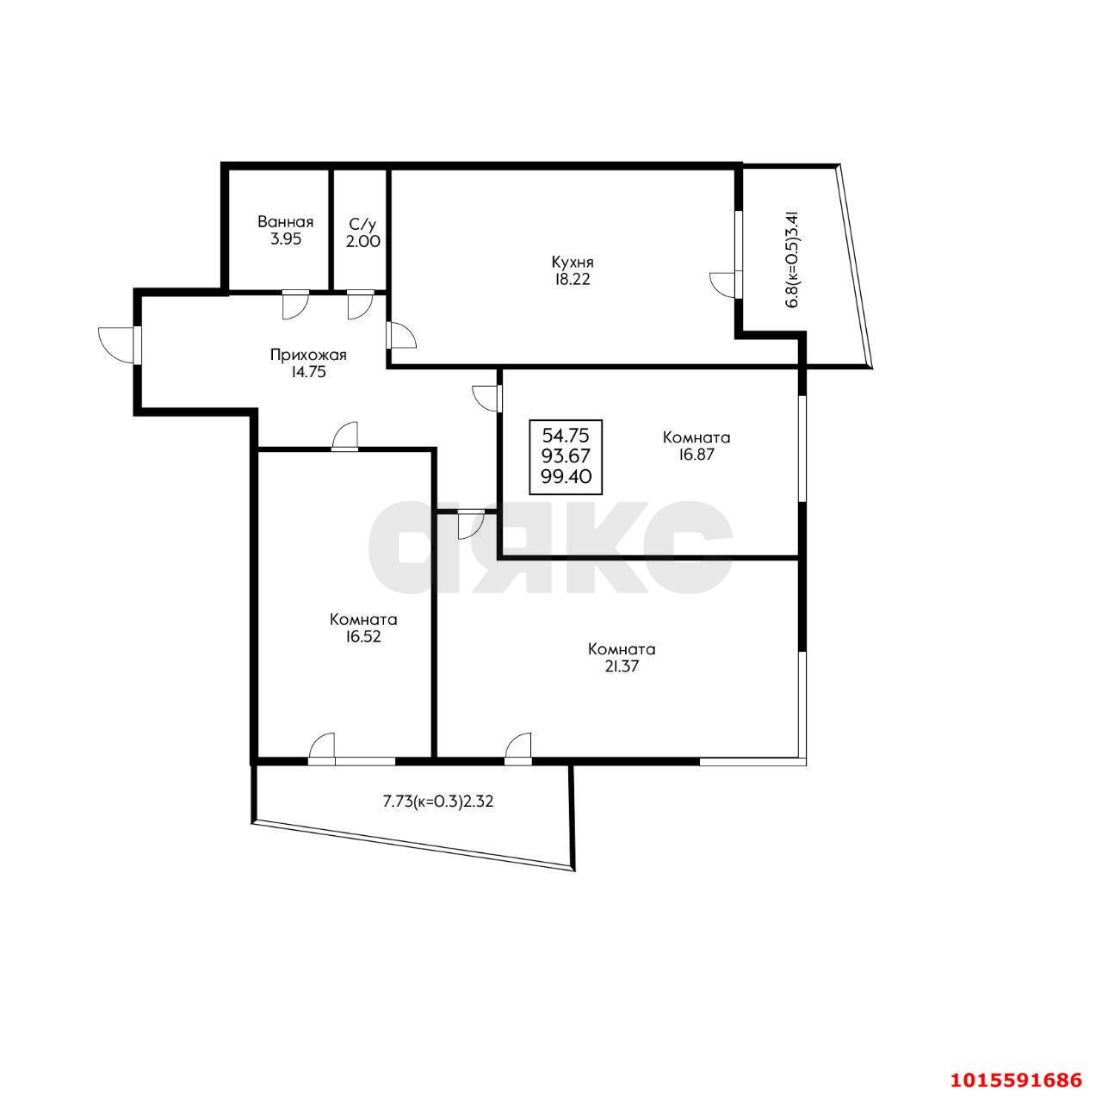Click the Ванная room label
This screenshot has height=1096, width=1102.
(x=285, y=221)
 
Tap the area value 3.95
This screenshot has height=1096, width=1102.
(x=285, y=239)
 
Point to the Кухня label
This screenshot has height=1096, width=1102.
(x=572, y=262)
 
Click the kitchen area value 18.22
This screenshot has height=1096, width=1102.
(x=571, y=280)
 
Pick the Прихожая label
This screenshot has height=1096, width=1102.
(x=308, y=356)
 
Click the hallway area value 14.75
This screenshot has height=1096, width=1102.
(x=307, y=372)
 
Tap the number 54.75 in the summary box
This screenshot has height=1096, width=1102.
(x=565, y=436)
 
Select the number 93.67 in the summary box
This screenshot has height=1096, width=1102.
(x=566, y=456)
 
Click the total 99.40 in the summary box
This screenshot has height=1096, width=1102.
(x=566, y=476)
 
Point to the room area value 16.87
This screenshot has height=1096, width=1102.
(x=696, y=455)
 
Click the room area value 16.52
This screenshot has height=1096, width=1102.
(x=363, y=636)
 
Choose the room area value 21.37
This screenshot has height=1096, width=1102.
(x=621, y=666)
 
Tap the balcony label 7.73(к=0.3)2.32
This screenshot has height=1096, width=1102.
(x=437, y=802)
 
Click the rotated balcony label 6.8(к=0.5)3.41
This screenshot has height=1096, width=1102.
(x=792, y=259)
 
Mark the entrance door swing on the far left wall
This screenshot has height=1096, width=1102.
(x=118, y=344)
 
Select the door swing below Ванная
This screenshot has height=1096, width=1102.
(x=295, y=304)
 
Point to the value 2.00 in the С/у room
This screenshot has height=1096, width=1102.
(x=362, y=241)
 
